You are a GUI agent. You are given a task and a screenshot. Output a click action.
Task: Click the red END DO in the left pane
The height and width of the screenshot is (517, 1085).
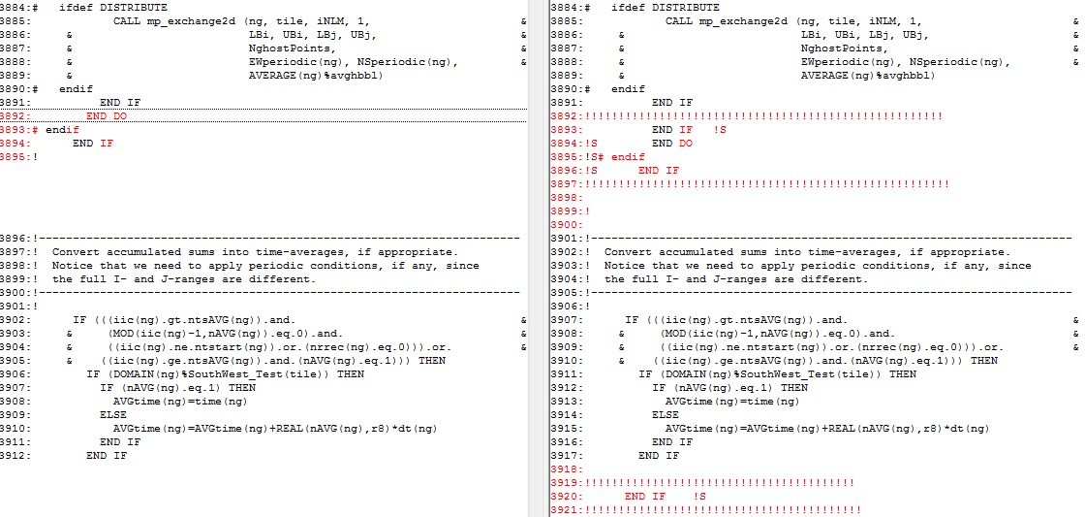(x=106, y=115)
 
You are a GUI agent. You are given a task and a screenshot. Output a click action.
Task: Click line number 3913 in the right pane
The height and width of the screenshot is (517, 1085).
(x=567, y=401)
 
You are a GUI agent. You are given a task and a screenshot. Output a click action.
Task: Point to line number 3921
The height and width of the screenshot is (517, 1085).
(x=567, y=509)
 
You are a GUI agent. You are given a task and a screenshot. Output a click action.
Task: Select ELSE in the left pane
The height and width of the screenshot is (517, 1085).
(x=112, y=414)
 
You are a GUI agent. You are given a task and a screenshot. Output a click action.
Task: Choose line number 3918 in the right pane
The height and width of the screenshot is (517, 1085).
(x=567, y=469)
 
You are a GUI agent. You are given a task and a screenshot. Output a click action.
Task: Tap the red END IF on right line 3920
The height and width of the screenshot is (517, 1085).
(x=645, y=496)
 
